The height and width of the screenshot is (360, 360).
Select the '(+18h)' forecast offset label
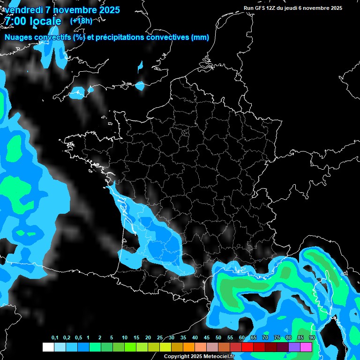81,21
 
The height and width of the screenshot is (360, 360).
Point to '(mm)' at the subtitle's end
200,37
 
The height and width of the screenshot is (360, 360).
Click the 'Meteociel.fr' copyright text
218,357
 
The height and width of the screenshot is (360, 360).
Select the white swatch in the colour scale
48,347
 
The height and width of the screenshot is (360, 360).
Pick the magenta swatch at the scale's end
306,347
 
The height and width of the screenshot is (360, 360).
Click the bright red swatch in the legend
247,347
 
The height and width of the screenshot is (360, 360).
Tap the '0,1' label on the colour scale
55,338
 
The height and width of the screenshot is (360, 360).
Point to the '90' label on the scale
312,338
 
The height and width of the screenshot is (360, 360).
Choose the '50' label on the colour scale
218,338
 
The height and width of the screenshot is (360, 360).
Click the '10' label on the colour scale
124,338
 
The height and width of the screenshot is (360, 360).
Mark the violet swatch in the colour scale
294,347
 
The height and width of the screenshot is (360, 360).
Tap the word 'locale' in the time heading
45,22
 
